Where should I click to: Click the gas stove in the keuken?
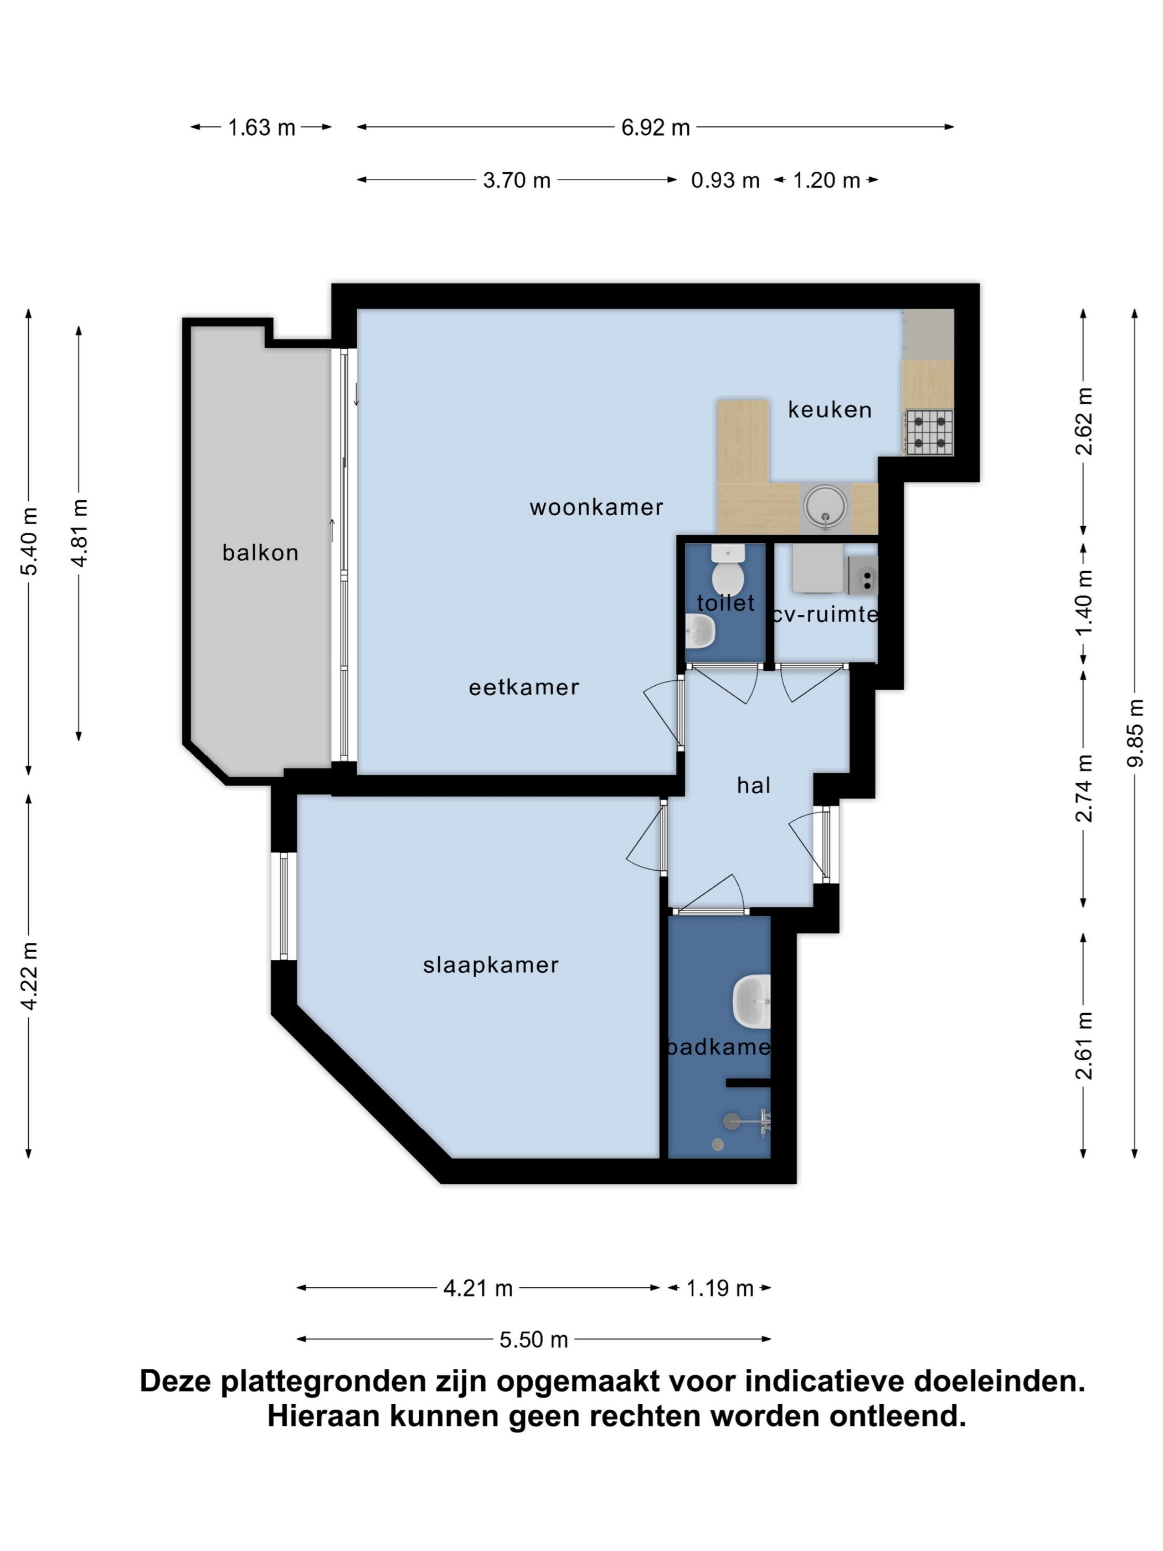click(x=929, y=433)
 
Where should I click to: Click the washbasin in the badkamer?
click(x=752, y=1002)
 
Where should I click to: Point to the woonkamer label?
click(x=596, y=507)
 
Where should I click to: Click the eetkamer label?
click(x=524, y=687)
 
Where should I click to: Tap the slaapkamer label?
click(x=491, y=965)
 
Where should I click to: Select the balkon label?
click(x=260, y=552)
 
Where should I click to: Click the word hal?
click(x=754, y=785)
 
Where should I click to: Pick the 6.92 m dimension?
click(x=656, y=127)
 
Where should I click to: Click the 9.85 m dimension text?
click(x=1135, y=733)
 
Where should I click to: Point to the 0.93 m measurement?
click(x=725, y=180)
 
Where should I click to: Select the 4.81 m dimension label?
click(x=79, y=533)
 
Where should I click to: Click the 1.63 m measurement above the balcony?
click(x=261, y=127)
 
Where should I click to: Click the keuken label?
click(x=830, y=409)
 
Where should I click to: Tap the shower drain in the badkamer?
click(x=717, y=1144)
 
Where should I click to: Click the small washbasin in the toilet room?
click(x=699, y=631)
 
